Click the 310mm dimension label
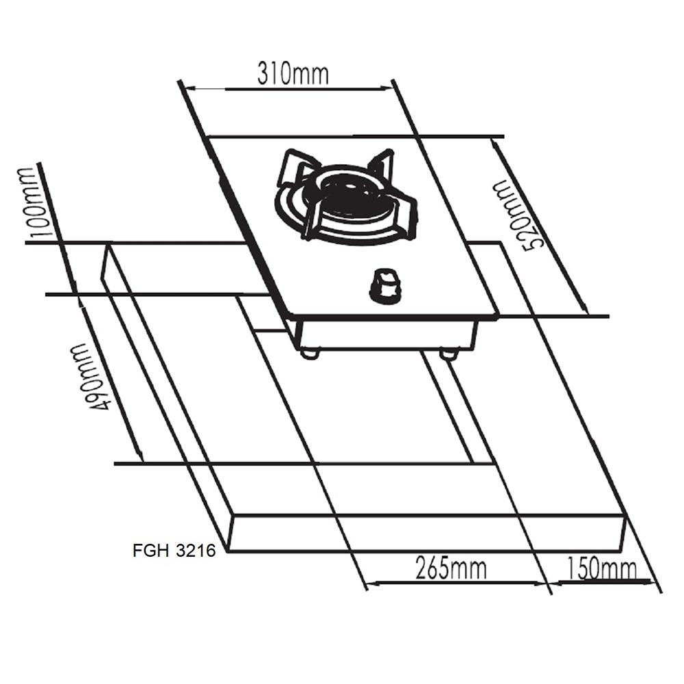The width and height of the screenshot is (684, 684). tap(293, 73)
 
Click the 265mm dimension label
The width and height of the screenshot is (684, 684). tap(451, 568)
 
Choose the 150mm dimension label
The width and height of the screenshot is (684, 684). tap(601, 568)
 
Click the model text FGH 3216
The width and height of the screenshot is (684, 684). tap(174, 551)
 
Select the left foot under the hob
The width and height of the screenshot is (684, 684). tap(309, 353)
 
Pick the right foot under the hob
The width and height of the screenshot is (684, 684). tap(449, 354)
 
